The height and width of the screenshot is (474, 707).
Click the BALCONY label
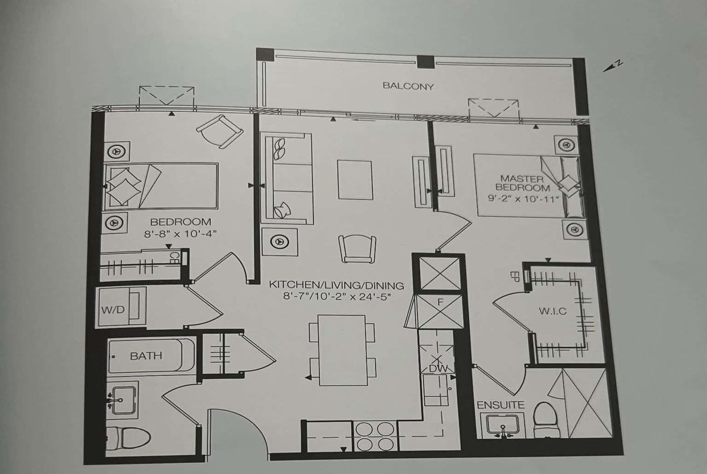[408, 86]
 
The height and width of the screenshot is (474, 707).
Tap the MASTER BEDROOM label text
[523, 184]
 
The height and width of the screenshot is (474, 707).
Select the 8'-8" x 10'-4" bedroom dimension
[180, 234]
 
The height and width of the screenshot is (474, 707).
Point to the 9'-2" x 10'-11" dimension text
[523, 199]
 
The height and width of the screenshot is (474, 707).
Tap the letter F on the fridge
[441, 303]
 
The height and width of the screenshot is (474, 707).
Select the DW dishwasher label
[438, 369]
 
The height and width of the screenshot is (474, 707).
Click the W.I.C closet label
[553, 311]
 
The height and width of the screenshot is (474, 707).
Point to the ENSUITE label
[501, 405]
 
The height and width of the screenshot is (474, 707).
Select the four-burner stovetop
[375, 436]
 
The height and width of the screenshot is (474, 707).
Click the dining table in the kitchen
[342, 350]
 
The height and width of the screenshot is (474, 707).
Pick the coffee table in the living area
[355, 180]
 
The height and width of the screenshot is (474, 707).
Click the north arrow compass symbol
[613, 67]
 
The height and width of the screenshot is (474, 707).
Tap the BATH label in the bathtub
[146, 356]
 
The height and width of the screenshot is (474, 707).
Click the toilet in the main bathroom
[128, 437]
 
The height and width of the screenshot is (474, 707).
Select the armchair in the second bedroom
[220, 131]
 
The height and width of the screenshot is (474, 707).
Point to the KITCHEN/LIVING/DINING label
[336, 286]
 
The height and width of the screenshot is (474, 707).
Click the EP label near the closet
[514, 277]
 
